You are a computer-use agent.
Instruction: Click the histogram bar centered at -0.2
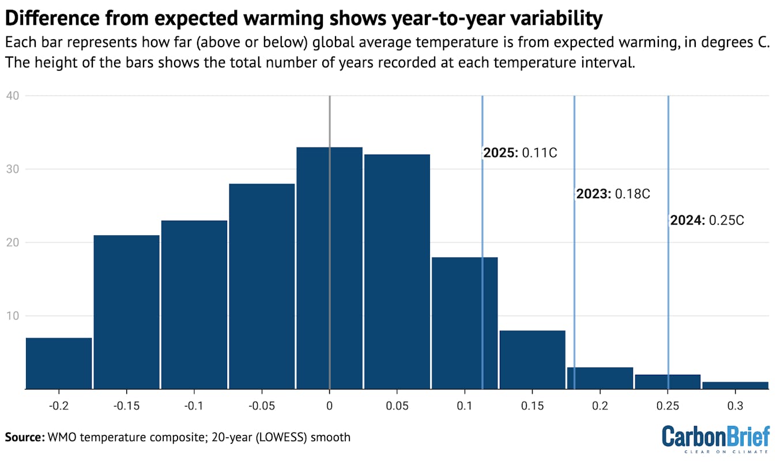point(59,363)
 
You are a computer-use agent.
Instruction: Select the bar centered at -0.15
point(126,312)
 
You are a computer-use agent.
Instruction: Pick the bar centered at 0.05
point(397,272)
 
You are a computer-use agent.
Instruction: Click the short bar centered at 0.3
point(735,386)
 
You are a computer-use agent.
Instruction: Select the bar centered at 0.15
point(532,360)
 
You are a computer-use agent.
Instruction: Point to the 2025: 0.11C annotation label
point(520,153)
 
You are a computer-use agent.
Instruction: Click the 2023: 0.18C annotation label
point(613,194)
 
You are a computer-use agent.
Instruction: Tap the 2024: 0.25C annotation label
point(707,220)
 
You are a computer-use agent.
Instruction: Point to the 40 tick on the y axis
point(13,96)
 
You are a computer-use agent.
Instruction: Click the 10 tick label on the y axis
point(13,316)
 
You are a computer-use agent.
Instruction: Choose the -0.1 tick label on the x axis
point(194,406)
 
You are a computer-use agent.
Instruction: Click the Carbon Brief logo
point(715,439)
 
